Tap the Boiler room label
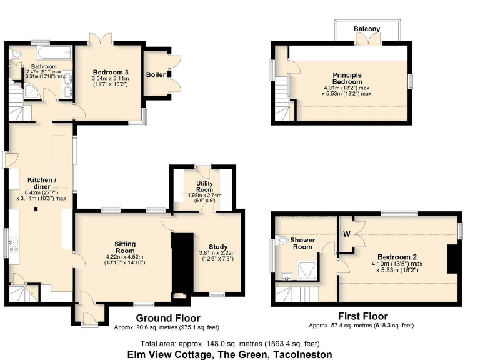coord(156,75)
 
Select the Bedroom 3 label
coord(111,72)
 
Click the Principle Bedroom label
coord(347,77)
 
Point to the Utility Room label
coord(205,186)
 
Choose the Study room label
coord(217,246)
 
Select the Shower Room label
coord(302,243)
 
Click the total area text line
coord(231,343)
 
